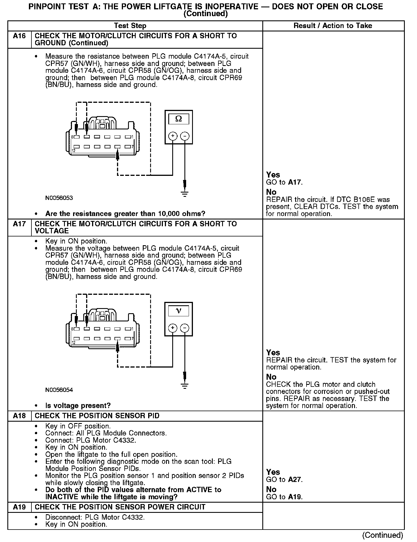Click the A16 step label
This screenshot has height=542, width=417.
tap(19, 36)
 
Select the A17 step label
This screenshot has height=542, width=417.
tap(19, 224)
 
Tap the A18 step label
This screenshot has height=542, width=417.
tap(19, 416)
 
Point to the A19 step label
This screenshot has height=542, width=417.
tap(19, 507)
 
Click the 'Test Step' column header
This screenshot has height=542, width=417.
tap(130, 26)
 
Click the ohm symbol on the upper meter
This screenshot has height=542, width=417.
tap(178, 119)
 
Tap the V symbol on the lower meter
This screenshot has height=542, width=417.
tap(178, 311)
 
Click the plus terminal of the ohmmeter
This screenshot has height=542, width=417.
tap(173, 136)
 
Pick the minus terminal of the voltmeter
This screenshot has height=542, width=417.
tap(185, 328)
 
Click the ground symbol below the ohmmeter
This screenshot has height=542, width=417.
tap(185, 194)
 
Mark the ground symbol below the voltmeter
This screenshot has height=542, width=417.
tap(185, 386)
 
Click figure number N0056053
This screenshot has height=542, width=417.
tap(59, 198)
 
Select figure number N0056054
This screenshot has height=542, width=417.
tap(59, 390)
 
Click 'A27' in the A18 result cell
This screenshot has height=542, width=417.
tap(295, 480)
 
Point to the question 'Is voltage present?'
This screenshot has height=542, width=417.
tap(78, 406)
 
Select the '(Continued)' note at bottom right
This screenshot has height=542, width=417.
tap(383, 535)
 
